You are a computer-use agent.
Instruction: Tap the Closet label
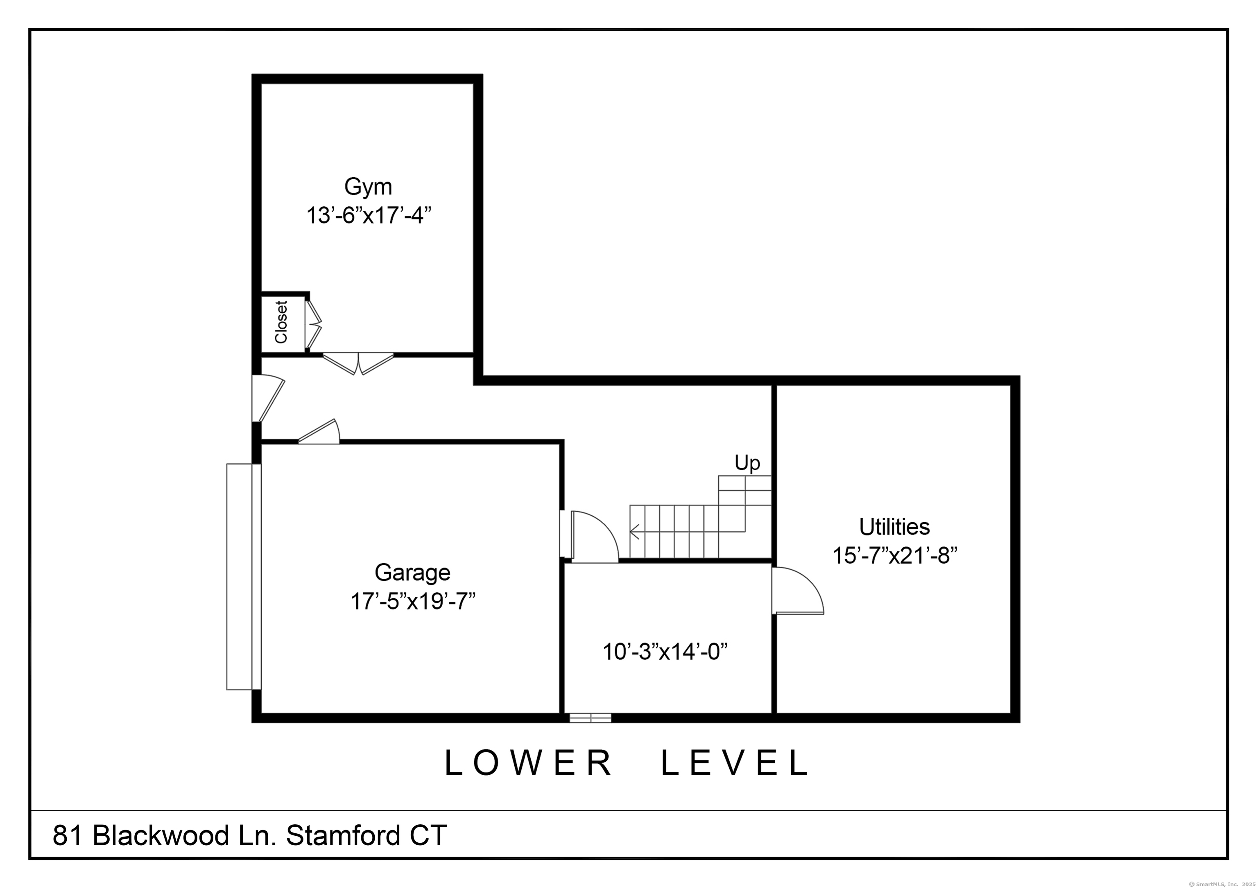point(281,322)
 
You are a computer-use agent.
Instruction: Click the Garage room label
point(412,573)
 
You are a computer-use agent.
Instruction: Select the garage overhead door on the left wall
point(244,577)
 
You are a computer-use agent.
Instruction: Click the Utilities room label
point(894,527)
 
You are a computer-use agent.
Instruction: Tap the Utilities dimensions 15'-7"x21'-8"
point(895,556)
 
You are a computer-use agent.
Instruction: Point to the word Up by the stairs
point(747,463)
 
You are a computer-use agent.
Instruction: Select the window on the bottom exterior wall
point(590,718)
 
